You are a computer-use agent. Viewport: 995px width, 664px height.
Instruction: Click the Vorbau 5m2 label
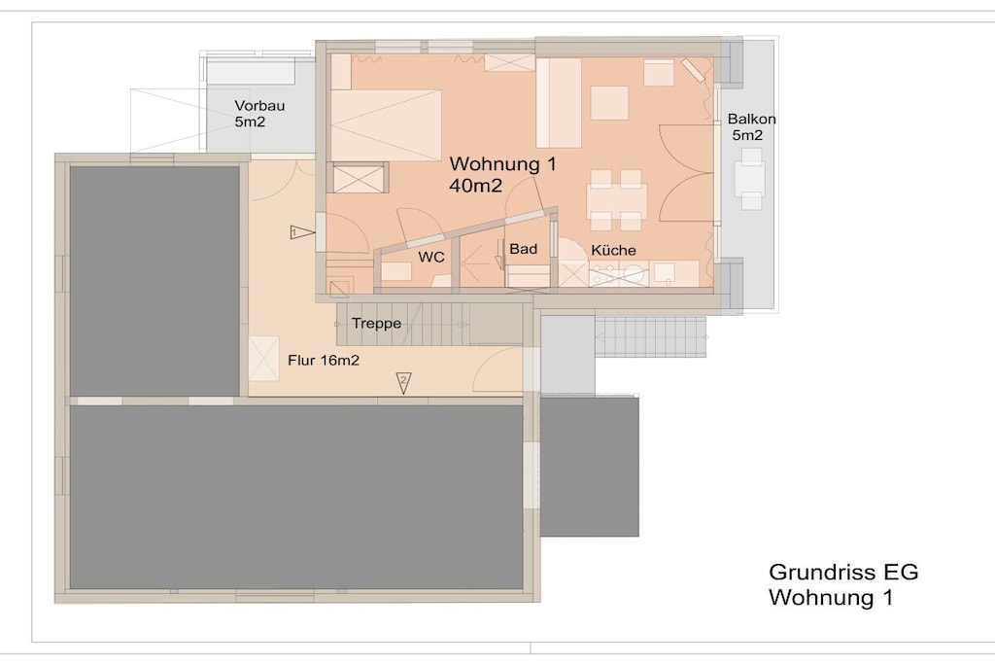click(x=259, y=114)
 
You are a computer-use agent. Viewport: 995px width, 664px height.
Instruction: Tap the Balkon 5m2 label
click(x=751, y=127)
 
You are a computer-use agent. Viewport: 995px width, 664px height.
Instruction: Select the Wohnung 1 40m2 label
click(x=502, y=174)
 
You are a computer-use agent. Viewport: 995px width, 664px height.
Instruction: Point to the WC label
click(x=430, y=257)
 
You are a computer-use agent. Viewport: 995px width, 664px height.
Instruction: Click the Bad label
click(x=524, y=249)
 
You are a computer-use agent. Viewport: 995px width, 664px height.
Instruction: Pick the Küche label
click(x=613, y=250)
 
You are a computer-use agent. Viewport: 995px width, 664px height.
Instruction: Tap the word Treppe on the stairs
click(x=376, y=323)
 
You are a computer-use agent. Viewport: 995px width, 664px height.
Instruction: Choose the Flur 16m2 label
click(x=324, y=361)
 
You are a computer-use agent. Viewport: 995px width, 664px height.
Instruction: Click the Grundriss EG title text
click(x=843, y=572)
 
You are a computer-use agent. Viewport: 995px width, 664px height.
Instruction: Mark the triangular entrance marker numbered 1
click(x=302, y=232)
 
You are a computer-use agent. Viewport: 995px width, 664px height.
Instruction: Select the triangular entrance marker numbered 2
click(x=403, y=382)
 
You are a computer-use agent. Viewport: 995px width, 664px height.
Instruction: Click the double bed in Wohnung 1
click(x=386, y=125)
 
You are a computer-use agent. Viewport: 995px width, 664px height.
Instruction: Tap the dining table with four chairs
click(x=616, y=200)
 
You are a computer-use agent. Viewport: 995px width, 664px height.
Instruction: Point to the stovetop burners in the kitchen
click(x=605, y=273)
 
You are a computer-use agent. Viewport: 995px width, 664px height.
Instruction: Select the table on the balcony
click(x=751, y=178)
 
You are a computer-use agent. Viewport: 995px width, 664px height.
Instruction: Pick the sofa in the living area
click(x=559, y=103)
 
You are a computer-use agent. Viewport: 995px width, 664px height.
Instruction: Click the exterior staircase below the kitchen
click(x=650, y=337)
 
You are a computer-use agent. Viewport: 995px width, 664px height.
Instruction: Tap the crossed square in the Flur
click(x=263, y=359)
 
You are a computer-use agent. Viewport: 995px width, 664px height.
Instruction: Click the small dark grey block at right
click(x=589, y=467)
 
